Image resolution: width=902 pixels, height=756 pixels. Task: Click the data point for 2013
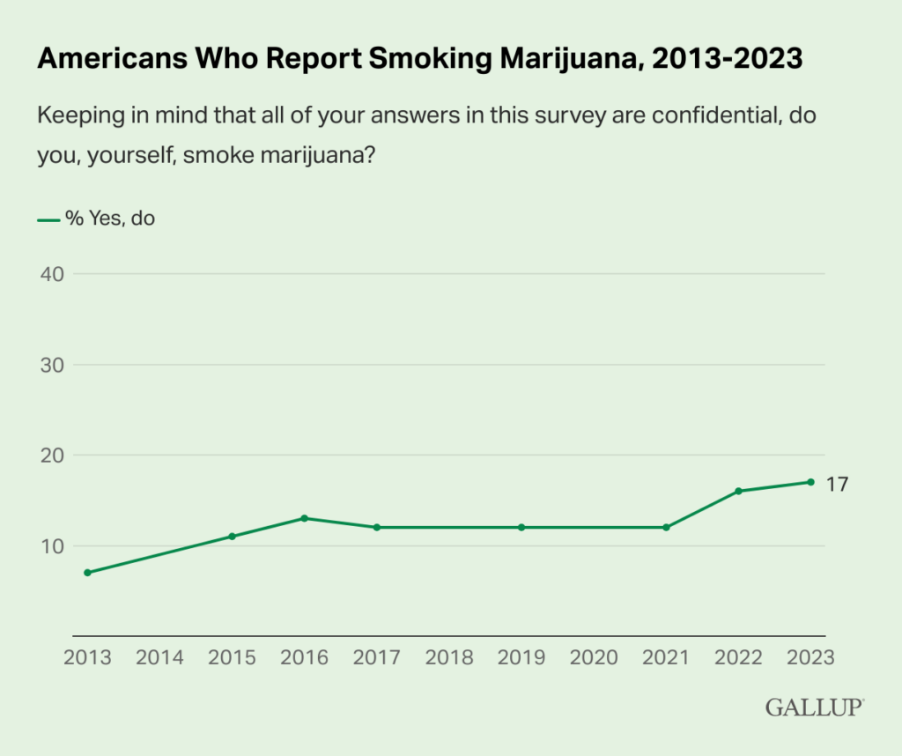tap(87, 573)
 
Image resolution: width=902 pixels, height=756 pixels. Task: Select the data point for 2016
tap(304, 518)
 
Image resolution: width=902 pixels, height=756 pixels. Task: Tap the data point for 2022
tap(738, 491)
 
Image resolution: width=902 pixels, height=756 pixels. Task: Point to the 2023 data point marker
tap(810, 482)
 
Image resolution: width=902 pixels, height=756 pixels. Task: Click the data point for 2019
tap(521, 527)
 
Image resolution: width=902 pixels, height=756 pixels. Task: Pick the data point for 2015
tap(232, 536)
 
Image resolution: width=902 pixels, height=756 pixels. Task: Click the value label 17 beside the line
tap(837, 484)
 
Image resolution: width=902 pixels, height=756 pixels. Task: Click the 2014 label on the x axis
tap(159, 657)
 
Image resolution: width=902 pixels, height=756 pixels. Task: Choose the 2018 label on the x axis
tap(449, 657)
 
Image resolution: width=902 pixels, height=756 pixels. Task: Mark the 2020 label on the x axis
tap(594, 657)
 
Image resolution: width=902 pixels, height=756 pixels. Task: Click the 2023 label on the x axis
tap(810, 657)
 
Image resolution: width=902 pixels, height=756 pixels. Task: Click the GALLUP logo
tap(815, 707)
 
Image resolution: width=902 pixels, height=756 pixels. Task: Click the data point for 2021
tap(666, 527)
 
